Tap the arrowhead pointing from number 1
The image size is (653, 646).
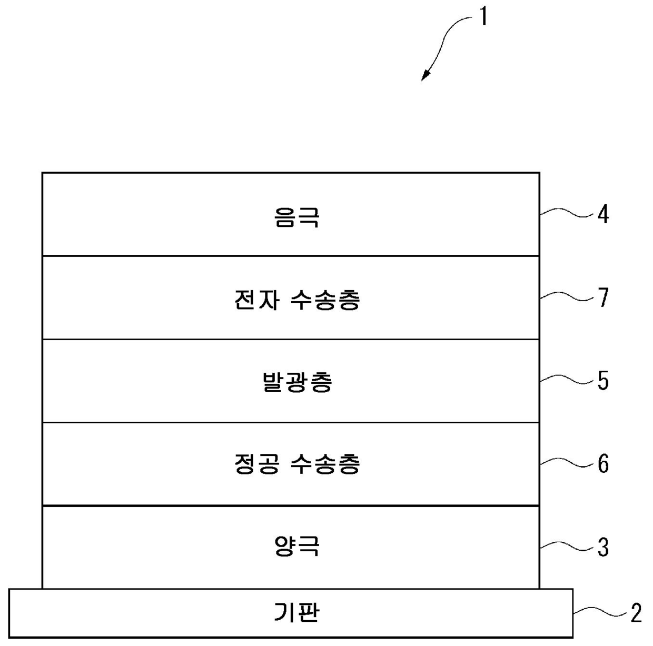424,77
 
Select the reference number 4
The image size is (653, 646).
603,215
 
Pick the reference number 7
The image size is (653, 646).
603,298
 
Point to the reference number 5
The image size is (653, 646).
603,381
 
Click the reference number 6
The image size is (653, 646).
603,464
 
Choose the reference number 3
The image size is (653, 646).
603,547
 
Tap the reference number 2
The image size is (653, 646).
636,613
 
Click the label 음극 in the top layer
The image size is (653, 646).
296,217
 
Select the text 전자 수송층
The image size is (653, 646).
297,301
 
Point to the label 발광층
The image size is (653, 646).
297,383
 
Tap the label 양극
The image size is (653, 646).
296,547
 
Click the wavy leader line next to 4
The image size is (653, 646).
566,213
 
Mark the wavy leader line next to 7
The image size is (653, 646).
566,297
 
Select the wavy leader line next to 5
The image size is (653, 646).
566,380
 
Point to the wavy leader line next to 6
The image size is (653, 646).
566,463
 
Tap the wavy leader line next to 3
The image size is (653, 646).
566,546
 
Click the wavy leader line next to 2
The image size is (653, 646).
599,612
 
